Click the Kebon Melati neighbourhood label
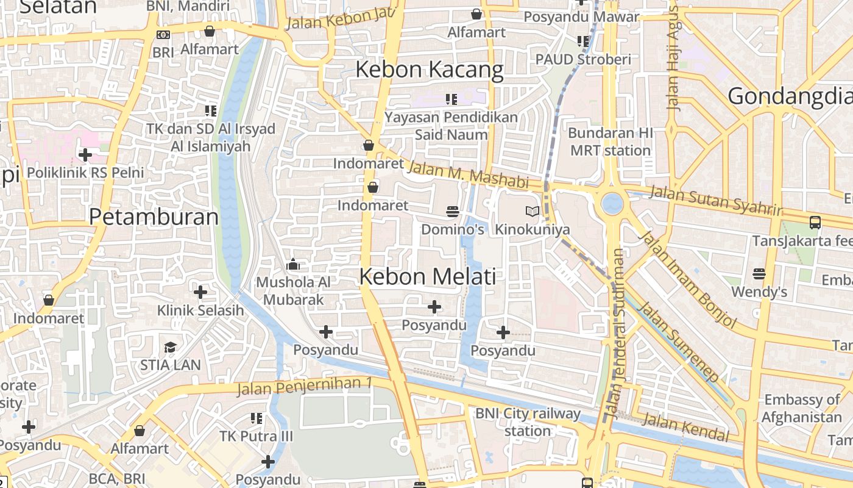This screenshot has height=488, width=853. pyautogui.click(x=427, y=277)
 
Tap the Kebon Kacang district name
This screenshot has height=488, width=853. pyautogui.click(x=429, y=70)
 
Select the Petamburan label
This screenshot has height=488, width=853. pyautogui.click(x=154, y=217)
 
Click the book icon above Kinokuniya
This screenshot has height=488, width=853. pyautogui.click(x=533, y=211)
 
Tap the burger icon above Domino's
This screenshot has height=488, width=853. pyautogui.click(x=452, y=211)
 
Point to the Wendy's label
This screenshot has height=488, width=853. pyautogui.click(x=759, y=292)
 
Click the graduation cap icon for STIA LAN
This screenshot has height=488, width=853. pyautogui.click(x=170, y=348)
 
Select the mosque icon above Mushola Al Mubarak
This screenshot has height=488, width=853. pyautogui.click(x=293, y=265)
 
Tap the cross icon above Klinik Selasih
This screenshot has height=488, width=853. pyautogui.click(x=200, y=292)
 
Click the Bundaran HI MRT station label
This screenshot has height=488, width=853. pyautogui.click(x=610, y=142)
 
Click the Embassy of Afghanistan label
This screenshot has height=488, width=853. pyautogui.click(x=801, y=409)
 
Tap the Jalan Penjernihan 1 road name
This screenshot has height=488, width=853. pyautogui.click(x=304, y=386)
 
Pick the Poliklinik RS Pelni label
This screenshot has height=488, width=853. pyautogui.click(x=85, y=173)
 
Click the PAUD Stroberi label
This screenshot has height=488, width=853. pyautogui.click(x=583, y=60)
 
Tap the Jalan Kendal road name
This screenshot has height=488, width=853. pyautogui.click(x=685, y=426)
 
